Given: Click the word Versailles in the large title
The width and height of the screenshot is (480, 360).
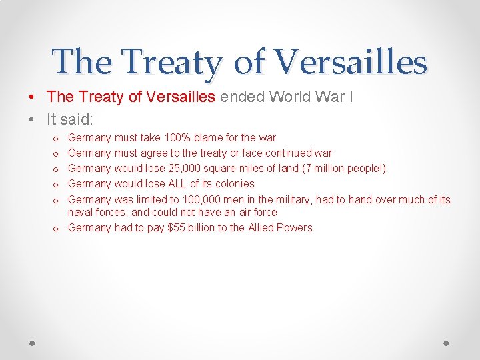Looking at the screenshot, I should coord(351,62).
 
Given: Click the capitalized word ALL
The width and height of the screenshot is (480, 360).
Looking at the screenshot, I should coord(175,184).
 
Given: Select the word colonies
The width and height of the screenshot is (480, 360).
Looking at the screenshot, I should coord(234,184).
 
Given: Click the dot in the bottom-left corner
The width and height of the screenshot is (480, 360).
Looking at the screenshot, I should coord(32,343).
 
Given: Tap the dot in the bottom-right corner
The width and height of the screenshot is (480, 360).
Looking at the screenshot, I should coord(446,343).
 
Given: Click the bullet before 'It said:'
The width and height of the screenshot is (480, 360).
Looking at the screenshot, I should coord(32,120).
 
